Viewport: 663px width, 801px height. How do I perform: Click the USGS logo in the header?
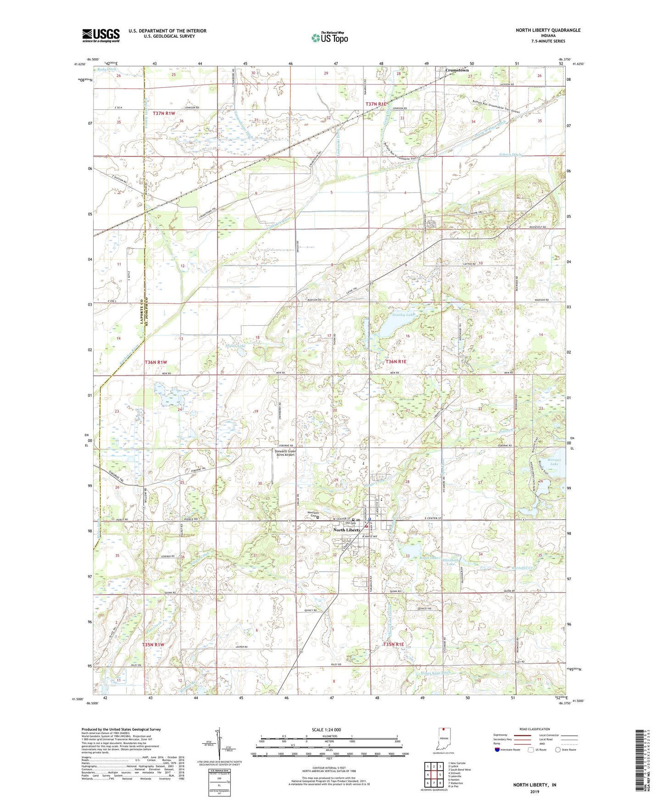pyautogui.click(x=101, y=35)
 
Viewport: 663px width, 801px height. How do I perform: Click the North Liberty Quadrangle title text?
pyautogui.click(x=548, y=30)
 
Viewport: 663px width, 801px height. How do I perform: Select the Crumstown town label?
pyautogui.click(x=457, y=70)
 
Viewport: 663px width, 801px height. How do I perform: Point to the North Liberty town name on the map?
pyautogui.click(x=346, y=530)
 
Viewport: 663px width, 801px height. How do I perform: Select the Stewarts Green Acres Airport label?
pyautogui.click(x=285, y=453)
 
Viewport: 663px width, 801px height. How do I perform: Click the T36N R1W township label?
pyautogui.click(x=156, y=362)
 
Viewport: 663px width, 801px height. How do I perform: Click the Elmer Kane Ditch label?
pyautogui.click(x=435, y=673)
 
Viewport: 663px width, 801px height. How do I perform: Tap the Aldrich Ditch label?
pyautogui.click(x=510, y=155)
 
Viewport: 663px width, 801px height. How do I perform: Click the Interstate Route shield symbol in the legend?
pyautogui.click(x=497, y=750)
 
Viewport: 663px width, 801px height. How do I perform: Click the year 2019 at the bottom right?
pyautogui.click(x=535, y=791)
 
